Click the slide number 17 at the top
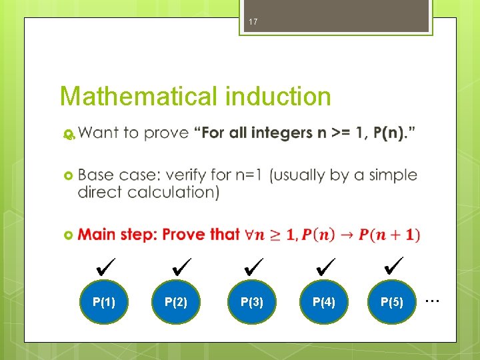pos(252,23)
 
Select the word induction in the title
pos(278,97)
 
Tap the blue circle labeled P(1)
pos(104,302)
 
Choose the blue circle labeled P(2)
pos(176,302)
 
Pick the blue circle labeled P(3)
pos(252,302)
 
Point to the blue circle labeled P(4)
pos(324,302)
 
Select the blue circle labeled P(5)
pos(392,302)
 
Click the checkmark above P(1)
pos(106,269)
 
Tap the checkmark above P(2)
pos(181,268)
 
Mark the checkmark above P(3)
pos(255,268)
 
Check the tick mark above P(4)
pos(327,268)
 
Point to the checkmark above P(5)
pos(394,268)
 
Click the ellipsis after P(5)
pos(433,301)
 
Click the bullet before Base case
pos(67,175)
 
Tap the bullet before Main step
pos(67,235)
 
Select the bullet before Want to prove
pos(67,134)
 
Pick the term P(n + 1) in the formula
pos(389,235)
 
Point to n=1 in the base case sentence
pos(248,175)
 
